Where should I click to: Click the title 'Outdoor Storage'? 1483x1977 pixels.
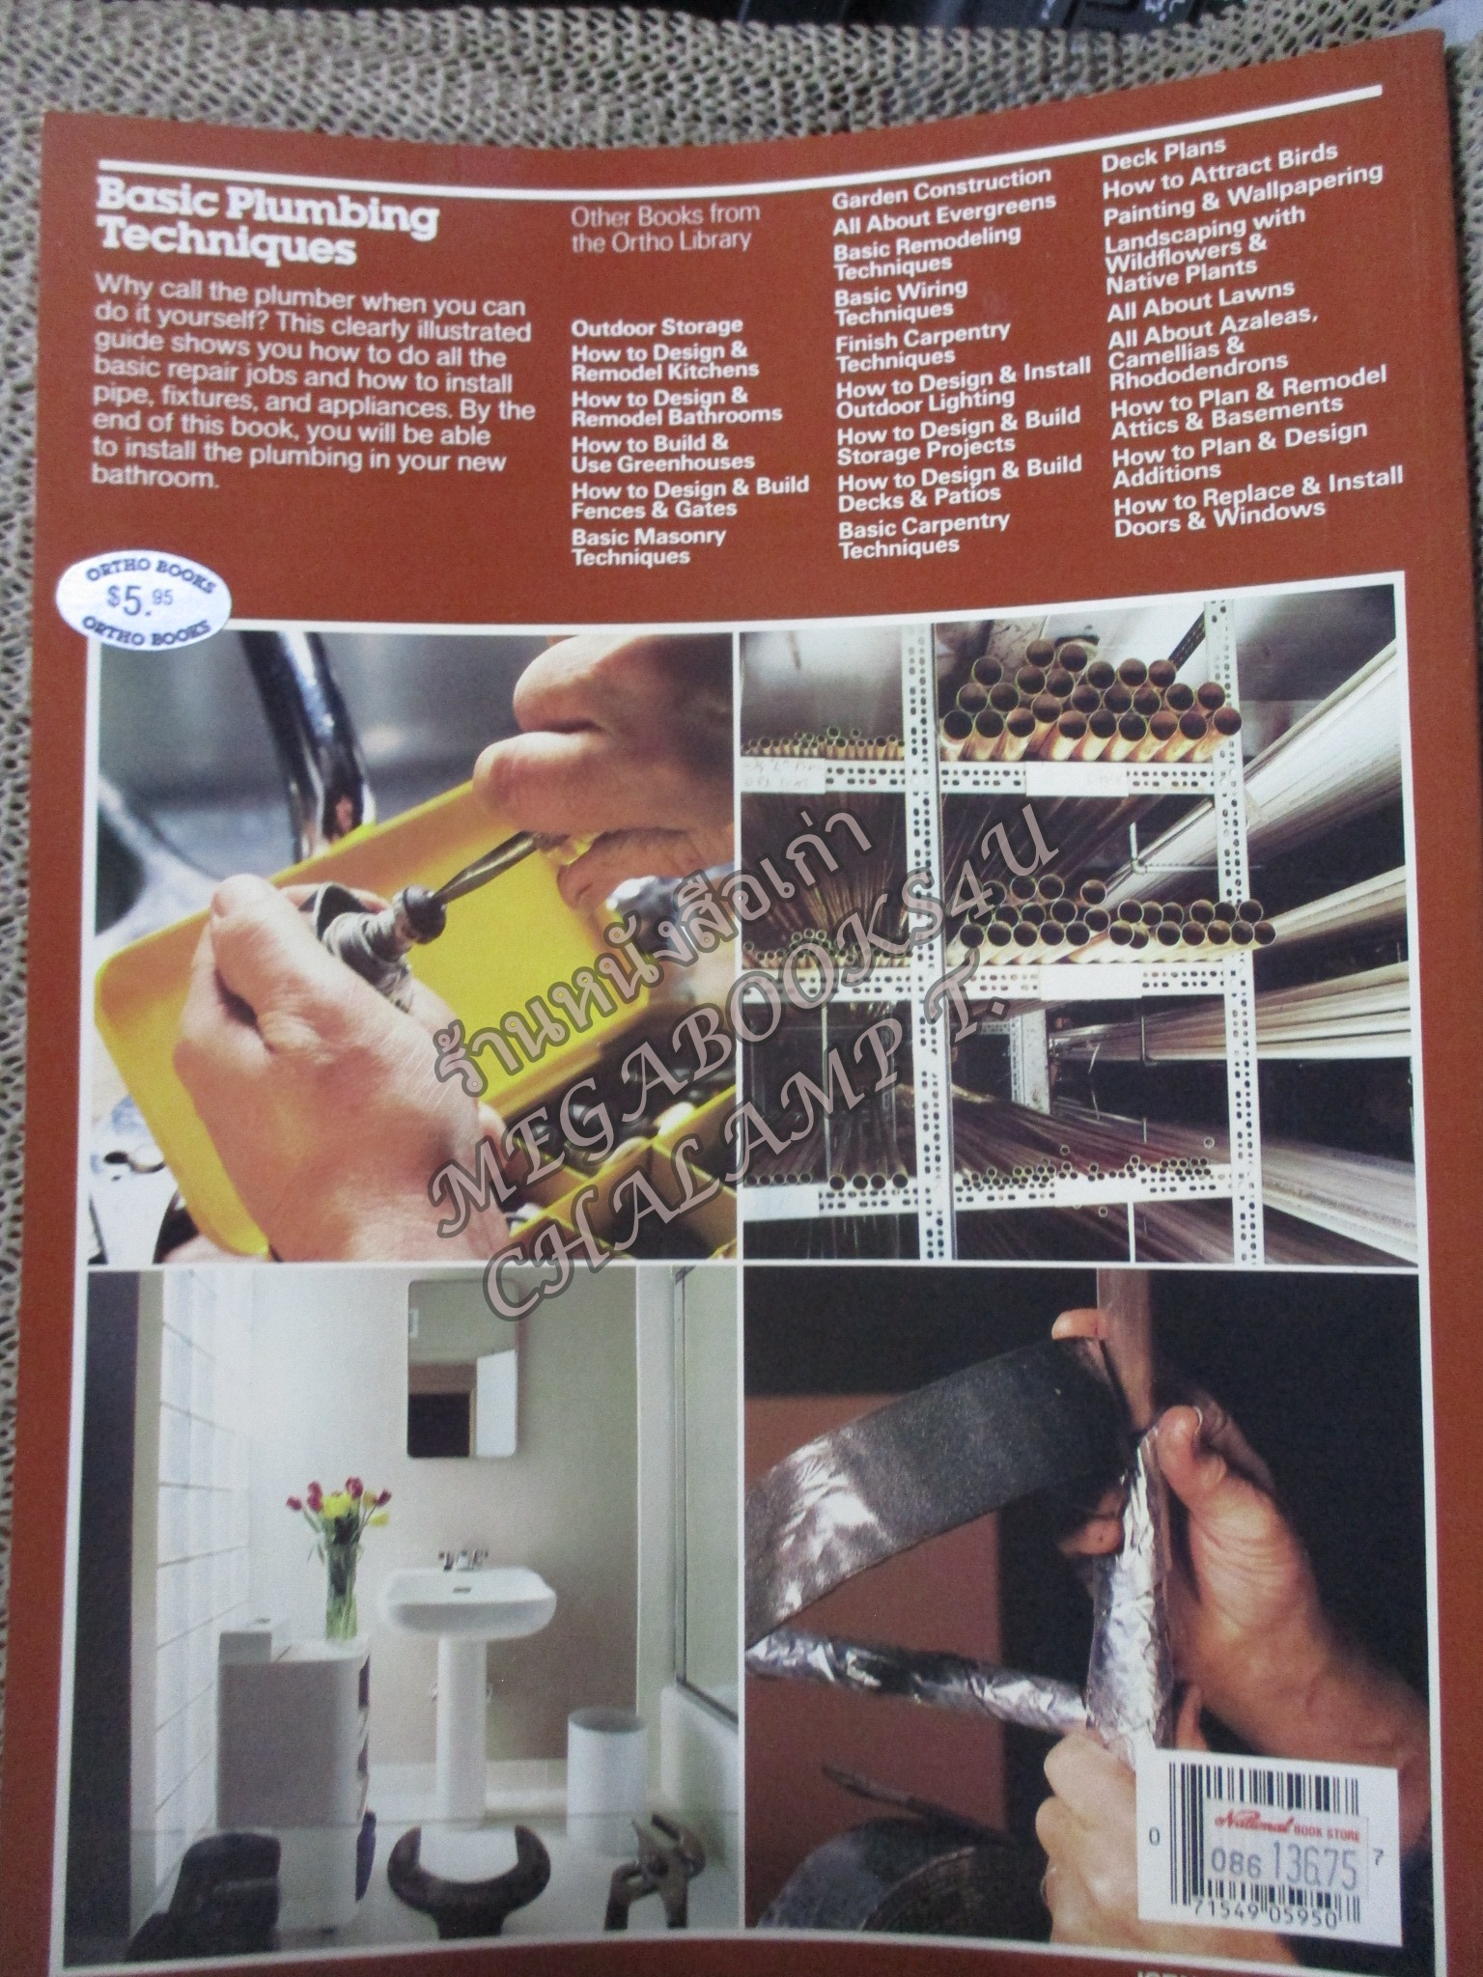click(x=657, y=325)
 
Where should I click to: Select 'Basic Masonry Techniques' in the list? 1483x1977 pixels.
click(x=648, y=545)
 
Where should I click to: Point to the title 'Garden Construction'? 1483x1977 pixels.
click(x=941, y=186)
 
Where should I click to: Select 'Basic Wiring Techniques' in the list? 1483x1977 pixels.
click(x=900, y=300)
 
